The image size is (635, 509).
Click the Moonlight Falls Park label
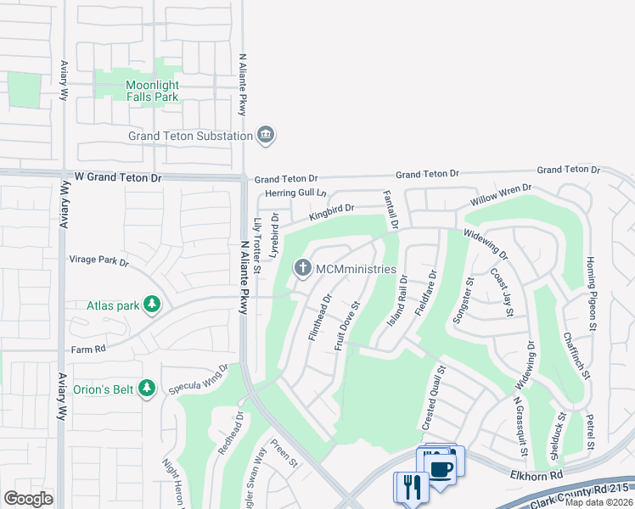(x=152, y=91)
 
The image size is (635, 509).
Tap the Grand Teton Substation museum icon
(x=267, y=136)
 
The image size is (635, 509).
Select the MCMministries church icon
(x=302, y=269)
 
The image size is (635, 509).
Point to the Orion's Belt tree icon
(x=148, y=389)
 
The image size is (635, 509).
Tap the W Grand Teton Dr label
(x=117, y=178)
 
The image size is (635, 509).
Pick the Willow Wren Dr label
(x=501, y=197)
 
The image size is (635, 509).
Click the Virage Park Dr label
(x=98, y=262)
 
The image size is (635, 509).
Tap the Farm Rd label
(x=87, y=348)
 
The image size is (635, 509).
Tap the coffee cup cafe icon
(x=440, y=469)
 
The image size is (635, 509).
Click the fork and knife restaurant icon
(x=408, y=487)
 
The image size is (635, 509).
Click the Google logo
(x=28, y=498)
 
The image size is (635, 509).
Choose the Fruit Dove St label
(x=347, y=324)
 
